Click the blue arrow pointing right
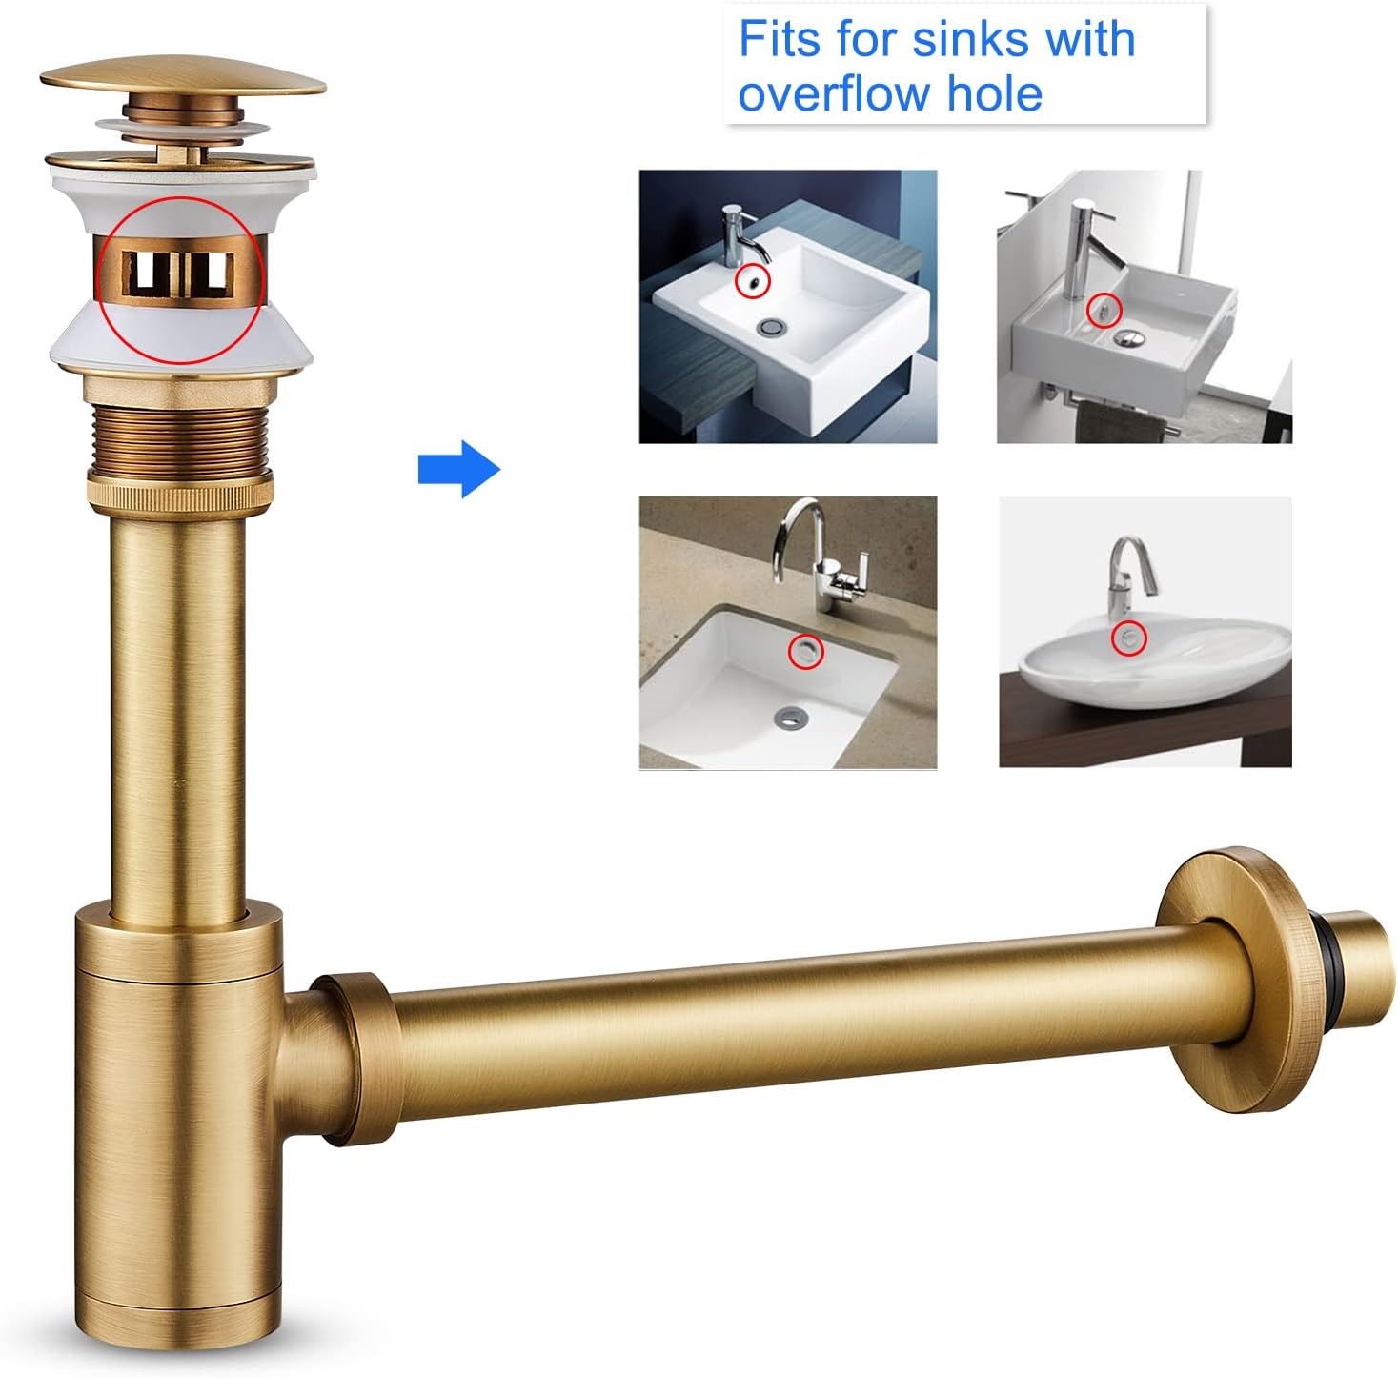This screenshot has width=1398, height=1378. pos(459,469)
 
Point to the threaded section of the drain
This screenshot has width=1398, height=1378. pos(180,438)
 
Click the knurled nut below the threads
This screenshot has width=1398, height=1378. pos(181,494)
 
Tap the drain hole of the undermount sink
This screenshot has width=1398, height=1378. pos(791,719)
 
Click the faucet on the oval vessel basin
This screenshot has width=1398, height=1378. pos(1129,577)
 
